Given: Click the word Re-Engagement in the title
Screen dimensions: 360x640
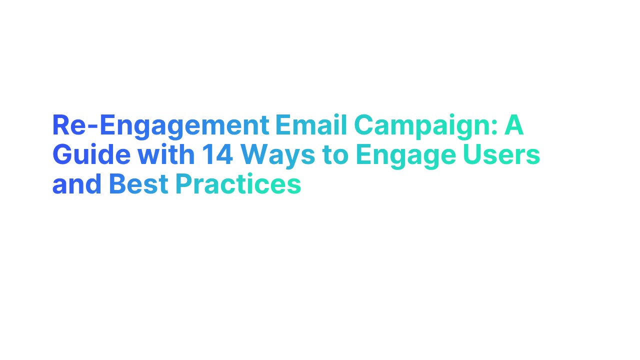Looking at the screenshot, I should pos(160,126).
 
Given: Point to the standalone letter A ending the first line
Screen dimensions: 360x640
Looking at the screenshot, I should pos(514,126).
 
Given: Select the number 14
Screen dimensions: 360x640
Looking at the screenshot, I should pos(217,155).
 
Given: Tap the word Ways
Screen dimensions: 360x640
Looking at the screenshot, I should pos(278,156).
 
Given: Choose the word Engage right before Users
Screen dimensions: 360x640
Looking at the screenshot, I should pos(405,156).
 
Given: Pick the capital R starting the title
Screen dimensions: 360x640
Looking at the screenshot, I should pos(60,126).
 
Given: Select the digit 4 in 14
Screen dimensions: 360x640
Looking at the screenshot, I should pos(224,155).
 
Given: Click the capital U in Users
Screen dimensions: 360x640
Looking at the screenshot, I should pos(473,155).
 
